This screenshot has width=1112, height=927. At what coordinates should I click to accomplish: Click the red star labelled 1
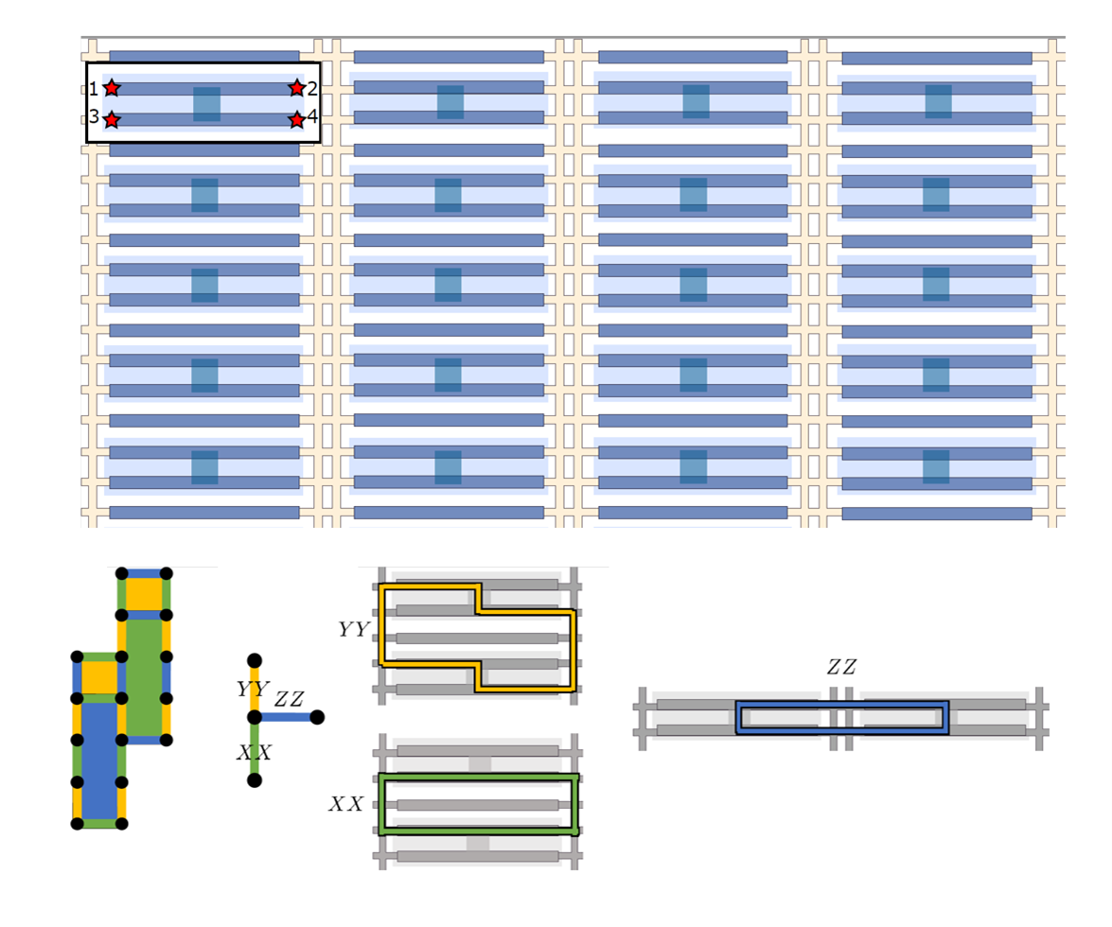[112, 88]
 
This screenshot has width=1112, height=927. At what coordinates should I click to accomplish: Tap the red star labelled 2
[296, 88]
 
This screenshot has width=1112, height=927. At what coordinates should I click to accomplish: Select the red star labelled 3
[112, 120]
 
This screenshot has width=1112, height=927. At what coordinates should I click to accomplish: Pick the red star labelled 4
[296, 120]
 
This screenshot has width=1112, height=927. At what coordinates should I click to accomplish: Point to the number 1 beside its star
[94, 89]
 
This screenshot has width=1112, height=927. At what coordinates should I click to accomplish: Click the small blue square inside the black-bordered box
[206, 104]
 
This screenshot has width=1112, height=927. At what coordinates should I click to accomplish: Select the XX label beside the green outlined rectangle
[347, 804]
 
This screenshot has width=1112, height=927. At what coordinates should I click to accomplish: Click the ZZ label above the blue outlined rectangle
[841, 668]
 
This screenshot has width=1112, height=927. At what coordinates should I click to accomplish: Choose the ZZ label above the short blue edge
[290, 700]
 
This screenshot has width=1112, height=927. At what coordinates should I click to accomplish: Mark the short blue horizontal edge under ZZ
[286, 717]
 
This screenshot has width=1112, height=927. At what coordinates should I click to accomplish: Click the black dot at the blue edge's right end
[317, 717]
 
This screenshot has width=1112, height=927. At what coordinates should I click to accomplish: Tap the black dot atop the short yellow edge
[254, 660]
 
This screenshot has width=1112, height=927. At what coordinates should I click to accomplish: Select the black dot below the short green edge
[254, 779]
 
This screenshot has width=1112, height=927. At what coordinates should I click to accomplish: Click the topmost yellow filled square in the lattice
[144, 594]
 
